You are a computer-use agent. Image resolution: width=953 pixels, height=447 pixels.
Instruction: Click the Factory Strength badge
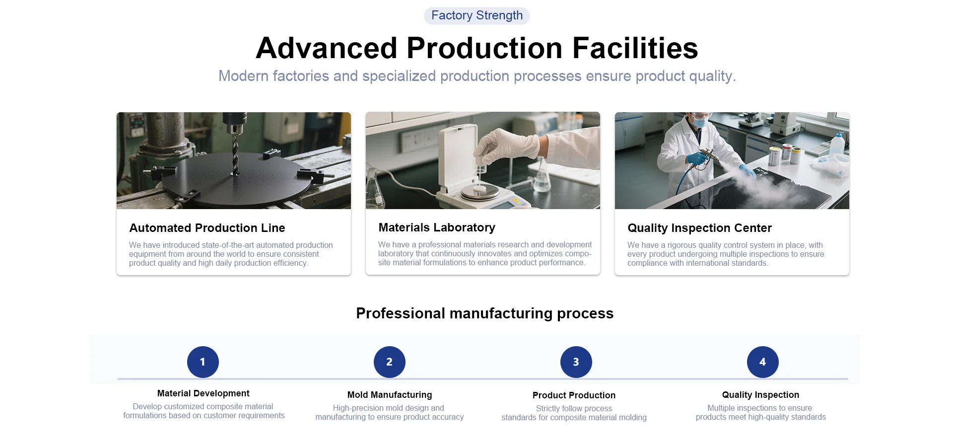pos(476,15)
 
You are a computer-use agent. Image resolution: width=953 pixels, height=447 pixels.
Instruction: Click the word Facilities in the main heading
pos(635,48)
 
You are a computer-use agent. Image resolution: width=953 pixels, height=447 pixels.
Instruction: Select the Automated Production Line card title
pos(207,228)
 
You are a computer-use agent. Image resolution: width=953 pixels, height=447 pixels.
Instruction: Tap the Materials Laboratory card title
pos(437,227)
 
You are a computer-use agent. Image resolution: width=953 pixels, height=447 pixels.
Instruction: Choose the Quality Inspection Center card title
pos(699,228)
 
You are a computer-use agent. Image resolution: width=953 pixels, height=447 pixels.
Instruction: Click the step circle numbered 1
pos(203,362)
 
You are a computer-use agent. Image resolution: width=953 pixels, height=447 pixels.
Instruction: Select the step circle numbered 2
pos(389,362)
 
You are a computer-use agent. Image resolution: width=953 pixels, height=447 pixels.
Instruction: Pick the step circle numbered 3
pos(576,362)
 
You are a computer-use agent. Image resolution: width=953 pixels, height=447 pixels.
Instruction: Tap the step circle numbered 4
pos(762,362)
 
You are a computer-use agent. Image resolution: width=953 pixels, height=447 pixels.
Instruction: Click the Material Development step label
pos(203,393)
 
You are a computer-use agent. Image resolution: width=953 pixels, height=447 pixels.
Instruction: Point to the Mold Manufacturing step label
pos(390,395)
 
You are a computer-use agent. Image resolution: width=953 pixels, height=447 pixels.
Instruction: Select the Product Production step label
pos(574,395)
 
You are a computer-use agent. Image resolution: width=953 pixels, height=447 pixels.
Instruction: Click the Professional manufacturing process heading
pos(484,313)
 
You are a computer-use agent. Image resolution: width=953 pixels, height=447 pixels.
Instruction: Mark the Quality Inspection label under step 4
pos(760,395)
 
